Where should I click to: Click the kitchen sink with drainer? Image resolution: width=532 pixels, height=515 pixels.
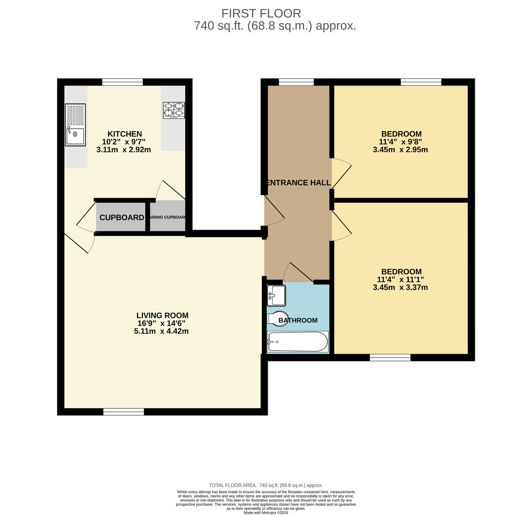point(75,125)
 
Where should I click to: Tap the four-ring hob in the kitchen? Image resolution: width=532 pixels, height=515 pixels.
point(174,110)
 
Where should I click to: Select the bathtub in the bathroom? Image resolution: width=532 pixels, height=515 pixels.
point(297,342)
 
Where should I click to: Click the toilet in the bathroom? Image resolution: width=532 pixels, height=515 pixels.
point(278,319)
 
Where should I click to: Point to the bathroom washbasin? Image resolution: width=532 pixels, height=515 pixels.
point(276,296)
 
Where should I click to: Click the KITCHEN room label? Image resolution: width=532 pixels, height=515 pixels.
point(125,134)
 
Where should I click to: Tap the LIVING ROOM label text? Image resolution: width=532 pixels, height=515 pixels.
point(162,316)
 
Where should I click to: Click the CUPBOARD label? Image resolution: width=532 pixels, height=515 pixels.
point(121,218)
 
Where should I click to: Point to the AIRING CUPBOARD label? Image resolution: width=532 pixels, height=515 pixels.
point(168,218)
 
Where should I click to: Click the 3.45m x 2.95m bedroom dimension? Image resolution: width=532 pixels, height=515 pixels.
point(400,150)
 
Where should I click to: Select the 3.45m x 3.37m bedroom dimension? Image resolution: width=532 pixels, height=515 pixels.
point(400,288)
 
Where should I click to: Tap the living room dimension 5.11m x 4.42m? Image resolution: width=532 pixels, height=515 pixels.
point(161,331)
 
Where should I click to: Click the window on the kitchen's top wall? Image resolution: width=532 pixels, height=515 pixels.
point(122,82)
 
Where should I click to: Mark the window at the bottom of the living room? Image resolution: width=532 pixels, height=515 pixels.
point(124,412)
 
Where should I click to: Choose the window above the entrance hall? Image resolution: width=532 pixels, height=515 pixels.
point(296,82)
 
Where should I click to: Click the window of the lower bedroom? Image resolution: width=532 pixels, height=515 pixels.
point(390,358)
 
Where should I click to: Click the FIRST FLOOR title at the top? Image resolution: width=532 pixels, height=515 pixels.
point(261,14)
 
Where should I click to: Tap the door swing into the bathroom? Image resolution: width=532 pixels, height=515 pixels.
point(297,273)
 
